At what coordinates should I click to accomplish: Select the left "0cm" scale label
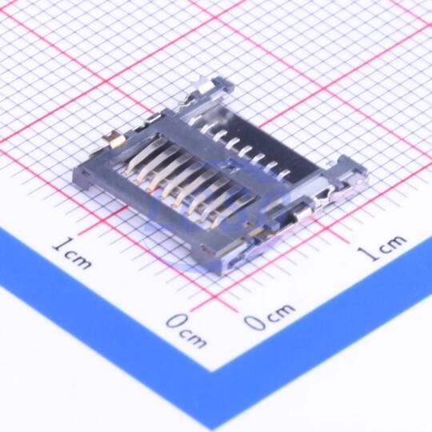click(x=186, y=330)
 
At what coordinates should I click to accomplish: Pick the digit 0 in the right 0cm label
click(x=256, y=322)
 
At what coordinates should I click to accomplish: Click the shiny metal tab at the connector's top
click(x=206, y=86)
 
